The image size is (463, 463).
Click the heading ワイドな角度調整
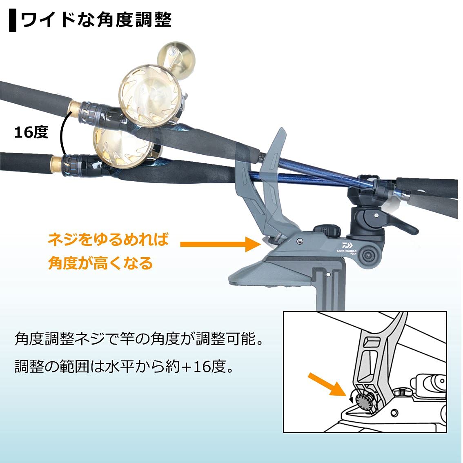[x=96, y=20]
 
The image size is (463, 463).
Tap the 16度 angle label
[x=31, y=132]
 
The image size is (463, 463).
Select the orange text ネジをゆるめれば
[x=108, y=239]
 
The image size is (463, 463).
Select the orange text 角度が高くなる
[x=100, y=263]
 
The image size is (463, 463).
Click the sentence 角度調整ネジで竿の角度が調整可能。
[x=139, y=339]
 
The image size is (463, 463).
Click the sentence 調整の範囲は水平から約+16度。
[x=125, y=367]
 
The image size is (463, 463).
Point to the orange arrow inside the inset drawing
[x=327, y=384]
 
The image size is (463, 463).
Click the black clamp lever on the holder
[x=400, y=223]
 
